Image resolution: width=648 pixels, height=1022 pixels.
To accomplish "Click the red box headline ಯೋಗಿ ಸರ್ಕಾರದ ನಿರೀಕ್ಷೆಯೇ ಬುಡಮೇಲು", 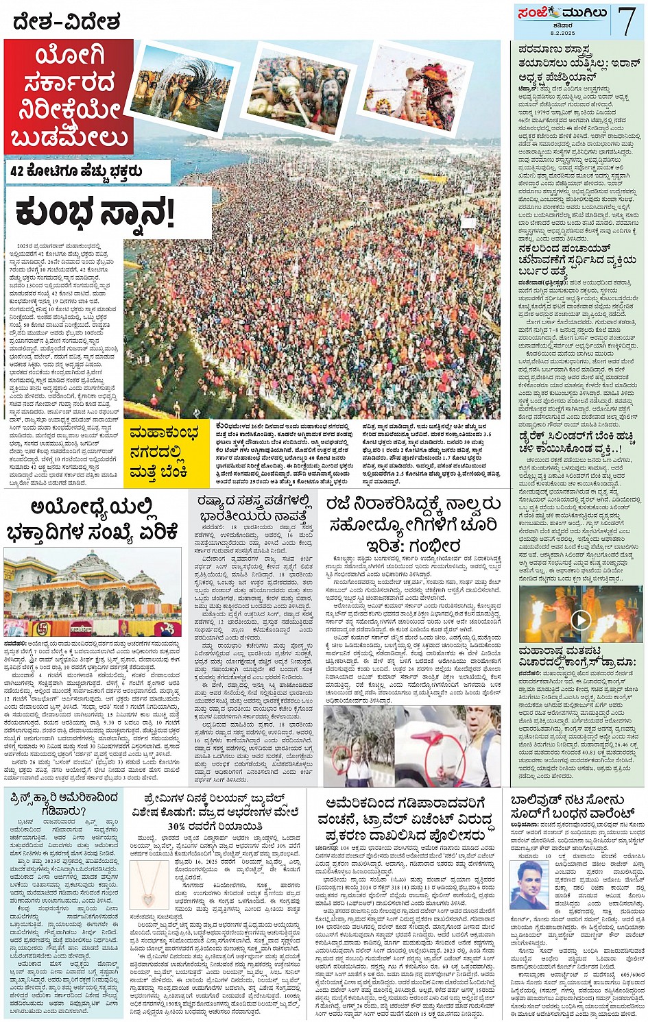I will pyautogui.click(x=69, y=97).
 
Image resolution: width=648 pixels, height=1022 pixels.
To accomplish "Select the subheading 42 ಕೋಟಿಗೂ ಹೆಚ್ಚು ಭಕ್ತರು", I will pyautogui.click(x=86, y=171).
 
